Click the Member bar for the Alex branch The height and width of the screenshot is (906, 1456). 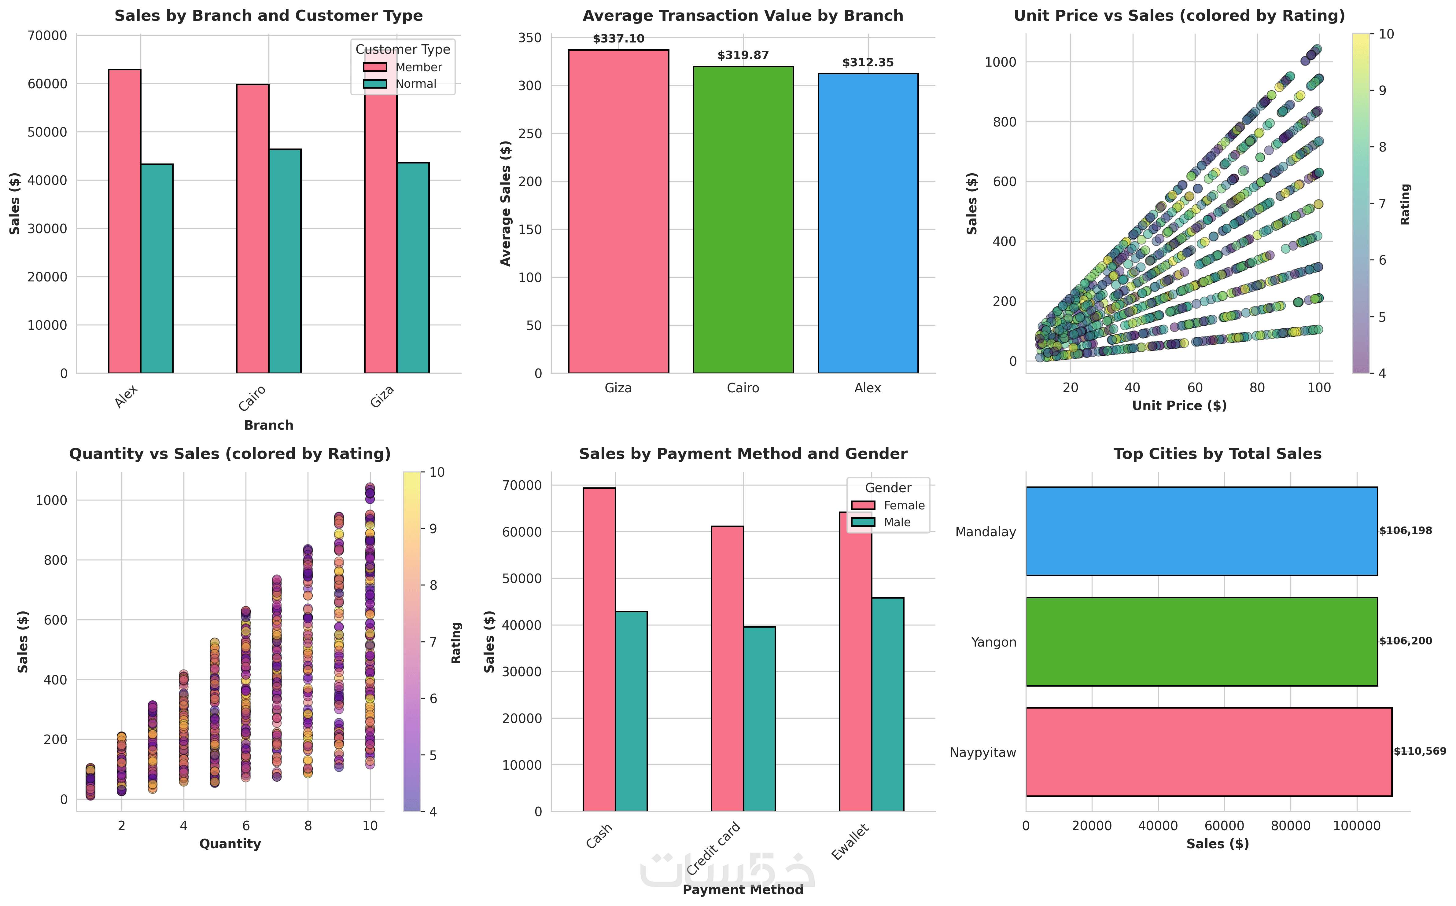[125, 222]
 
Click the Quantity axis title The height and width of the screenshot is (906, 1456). [230, 844]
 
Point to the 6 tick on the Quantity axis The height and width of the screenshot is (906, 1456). [246, 826]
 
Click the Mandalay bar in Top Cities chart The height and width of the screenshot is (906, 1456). [1201, 531]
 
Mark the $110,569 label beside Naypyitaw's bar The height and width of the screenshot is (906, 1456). [1419, 751]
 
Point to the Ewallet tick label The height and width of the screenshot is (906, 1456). [851, 842]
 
